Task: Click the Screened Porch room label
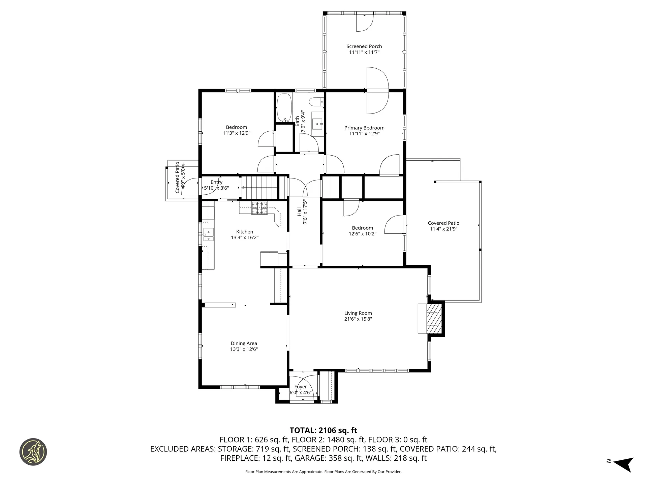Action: tap(364, 46)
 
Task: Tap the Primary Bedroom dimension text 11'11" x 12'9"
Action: tap(364, 134)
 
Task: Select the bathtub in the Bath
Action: tap(284, 108)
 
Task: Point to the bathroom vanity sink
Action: tap(317, 124)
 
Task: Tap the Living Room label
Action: tap(358, 313)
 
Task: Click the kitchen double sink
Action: tap(208, 234)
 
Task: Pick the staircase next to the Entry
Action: tap(260, 188)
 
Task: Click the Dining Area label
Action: tap(244, 344)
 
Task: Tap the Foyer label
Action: tap(301, 387)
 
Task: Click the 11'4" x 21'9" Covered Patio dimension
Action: tap(444, 229)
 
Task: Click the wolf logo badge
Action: tap(33, 452)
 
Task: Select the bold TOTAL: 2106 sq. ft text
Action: tap(323, 430)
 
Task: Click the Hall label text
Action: tap(299, 212)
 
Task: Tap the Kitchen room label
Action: tap(245, 232)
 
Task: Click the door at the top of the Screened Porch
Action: tap(365, 23)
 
